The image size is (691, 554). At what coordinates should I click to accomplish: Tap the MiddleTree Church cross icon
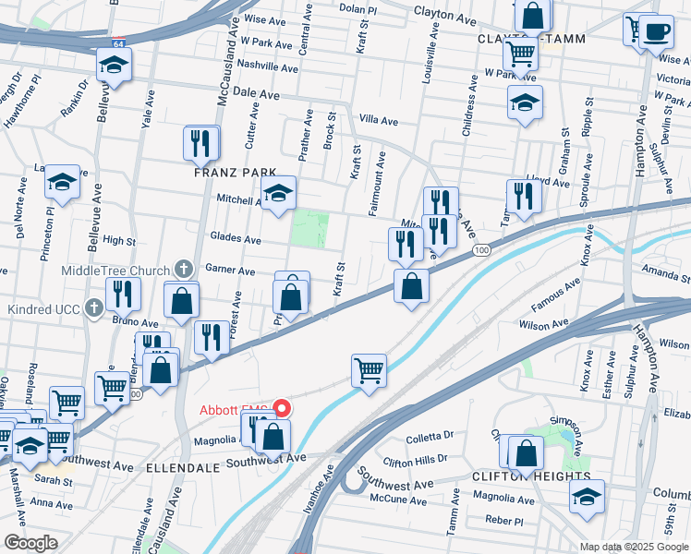click(x=184, y=270)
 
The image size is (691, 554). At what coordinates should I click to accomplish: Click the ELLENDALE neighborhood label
click(x=183, y=468)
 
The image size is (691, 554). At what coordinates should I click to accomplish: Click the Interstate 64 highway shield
click(x=119, y=42)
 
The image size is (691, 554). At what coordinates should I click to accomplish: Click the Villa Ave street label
click(x=378, y=121)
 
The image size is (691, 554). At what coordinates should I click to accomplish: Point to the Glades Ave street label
click(x=236, y=239)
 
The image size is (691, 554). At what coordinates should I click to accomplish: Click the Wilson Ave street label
click(x=544, y=325)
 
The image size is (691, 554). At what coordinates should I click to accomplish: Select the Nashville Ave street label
click(x=267, y=66)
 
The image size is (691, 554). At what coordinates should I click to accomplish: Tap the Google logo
click(x=30, y=542)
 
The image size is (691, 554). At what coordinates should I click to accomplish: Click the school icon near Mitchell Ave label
click(x=277, y=193)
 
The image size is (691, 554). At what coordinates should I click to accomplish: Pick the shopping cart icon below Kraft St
click(x=369, y=371)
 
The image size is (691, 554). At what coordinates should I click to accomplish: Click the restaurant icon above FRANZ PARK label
click(x=201, y=142)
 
